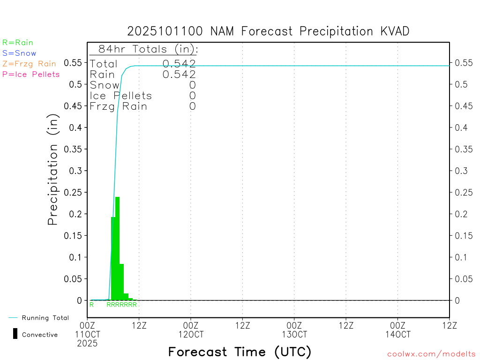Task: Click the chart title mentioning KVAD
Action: (268, 31)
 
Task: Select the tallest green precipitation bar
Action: (117, 248)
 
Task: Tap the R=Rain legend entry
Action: (18, 43)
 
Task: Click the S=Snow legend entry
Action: (19, 53)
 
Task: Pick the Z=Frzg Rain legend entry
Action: (29, 64)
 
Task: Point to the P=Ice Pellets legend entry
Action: (31, 74)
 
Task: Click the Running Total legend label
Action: (45, 318)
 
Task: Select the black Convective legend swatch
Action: (15, 334)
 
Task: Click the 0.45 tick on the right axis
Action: (464, 106)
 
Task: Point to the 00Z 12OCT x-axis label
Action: (191, 330)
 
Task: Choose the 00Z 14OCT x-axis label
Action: (397, 330)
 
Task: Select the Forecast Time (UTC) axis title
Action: (240, 352)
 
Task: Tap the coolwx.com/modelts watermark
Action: (431, 354)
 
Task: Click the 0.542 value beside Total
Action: (179, 64)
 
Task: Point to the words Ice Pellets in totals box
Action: (121, 96)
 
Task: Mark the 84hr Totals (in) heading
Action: (148, 49)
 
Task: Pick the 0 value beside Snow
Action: (192, 85)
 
